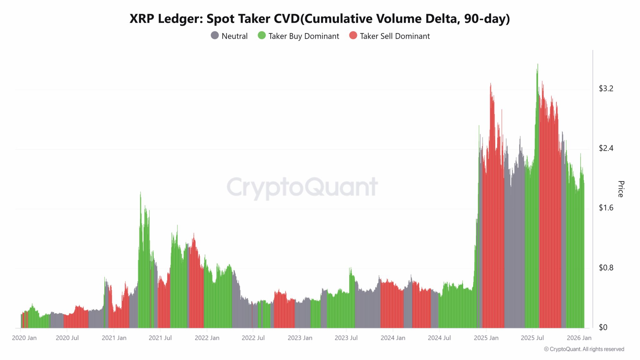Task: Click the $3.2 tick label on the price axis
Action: [606, 88]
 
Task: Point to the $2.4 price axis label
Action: [606, 148]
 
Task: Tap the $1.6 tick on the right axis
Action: [606, 208]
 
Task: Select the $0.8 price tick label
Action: [606, 267]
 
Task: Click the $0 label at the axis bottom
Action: [603, 327]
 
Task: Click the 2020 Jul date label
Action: [67, 338]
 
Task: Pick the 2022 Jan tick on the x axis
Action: [207, 338]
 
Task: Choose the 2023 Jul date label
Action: [346, 338]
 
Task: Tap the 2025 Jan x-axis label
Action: [486, 338]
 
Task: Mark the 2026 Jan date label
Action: [579, 338]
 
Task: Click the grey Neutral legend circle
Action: [215, 36]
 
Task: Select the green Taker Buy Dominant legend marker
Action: [262, 36]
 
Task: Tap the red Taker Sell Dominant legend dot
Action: [353, 36]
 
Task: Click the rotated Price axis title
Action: [621, 189]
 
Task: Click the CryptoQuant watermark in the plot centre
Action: [302, 187]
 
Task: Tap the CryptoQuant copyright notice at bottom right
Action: [584, 349]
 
